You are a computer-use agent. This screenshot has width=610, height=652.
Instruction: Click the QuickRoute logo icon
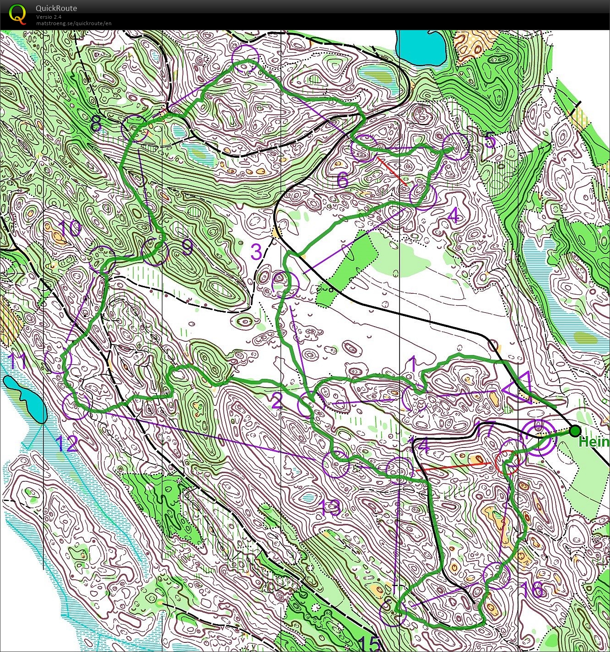pos(17,14)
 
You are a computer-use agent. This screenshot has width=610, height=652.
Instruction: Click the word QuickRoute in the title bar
pos(56,8)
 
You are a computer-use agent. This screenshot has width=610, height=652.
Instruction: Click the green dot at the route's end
pos(575,431)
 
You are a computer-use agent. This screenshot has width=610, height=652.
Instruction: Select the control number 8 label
pos(96,124)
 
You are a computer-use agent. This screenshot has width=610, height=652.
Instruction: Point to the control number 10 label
pos(70,229)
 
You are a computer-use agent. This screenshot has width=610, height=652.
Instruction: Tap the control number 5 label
pos(490,140)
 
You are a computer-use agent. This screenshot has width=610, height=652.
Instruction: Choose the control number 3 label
pos(256,252)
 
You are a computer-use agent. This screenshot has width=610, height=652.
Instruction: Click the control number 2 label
pos(277,401)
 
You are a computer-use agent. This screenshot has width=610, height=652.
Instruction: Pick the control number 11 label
pos(17,361)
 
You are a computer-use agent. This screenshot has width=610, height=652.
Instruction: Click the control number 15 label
pos(369,643)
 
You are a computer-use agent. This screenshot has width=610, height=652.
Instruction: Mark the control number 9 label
pos(188,247)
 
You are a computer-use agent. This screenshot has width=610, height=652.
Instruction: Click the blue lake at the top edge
pos(421,48)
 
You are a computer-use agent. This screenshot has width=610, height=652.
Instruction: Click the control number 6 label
pos(342,180)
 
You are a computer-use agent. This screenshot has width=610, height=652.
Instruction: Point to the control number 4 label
pos(453,215)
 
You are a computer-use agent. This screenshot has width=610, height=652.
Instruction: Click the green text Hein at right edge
pos(594,442)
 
